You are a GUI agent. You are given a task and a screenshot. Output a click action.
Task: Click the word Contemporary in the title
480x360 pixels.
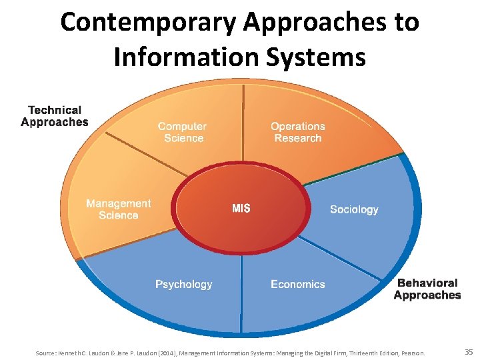pos(149,22)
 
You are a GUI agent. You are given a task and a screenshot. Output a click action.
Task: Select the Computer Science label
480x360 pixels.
pos(182,132)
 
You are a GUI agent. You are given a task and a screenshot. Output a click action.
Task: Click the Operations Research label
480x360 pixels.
pos(297,132)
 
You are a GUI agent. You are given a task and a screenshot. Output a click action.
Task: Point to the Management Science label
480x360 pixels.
pos(119,209)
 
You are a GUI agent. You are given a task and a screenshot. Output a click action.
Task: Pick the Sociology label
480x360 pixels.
pos(354,209)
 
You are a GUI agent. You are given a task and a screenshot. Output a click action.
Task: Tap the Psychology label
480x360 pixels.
pos(184,284)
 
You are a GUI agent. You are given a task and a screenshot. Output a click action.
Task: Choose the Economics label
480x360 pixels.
pos(298,284)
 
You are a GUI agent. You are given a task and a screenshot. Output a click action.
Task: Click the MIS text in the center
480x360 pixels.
pos(241,209)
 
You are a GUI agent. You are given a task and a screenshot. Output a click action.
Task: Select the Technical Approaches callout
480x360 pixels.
pos(55,116)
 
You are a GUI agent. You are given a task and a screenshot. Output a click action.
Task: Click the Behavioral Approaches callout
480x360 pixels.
pos(427,289)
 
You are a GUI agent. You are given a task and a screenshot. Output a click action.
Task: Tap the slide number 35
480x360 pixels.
pos(468,351)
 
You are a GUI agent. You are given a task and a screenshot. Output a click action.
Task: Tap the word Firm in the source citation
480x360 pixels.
pos(337,352)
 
